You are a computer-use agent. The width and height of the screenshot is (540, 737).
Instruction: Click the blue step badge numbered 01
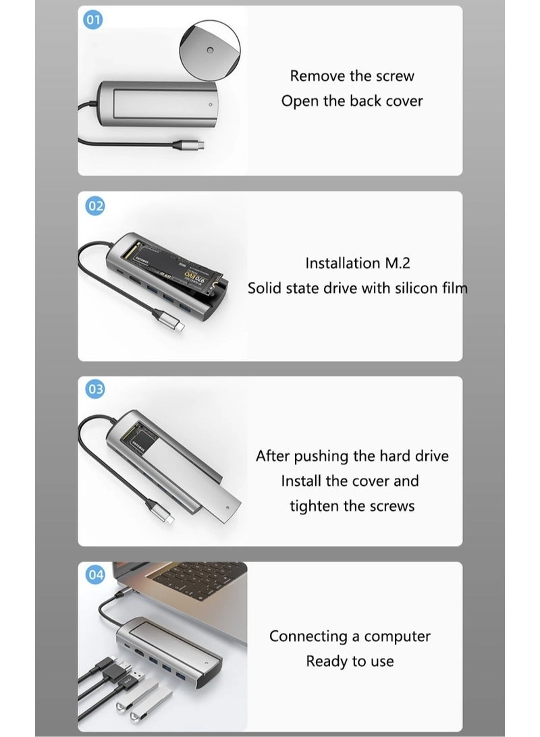click(93, 20)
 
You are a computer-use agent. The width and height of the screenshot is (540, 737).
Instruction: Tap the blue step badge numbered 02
click(95, 206)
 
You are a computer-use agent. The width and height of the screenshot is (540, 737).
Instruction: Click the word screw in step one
click(394, 76)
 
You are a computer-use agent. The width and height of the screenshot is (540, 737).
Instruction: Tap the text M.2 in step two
click(394, 263)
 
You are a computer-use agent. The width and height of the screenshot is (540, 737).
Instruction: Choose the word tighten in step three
click(315, 506)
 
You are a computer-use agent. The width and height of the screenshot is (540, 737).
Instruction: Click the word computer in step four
click(397, 636)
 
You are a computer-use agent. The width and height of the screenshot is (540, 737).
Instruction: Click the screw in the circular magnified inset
click(209, 51)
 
